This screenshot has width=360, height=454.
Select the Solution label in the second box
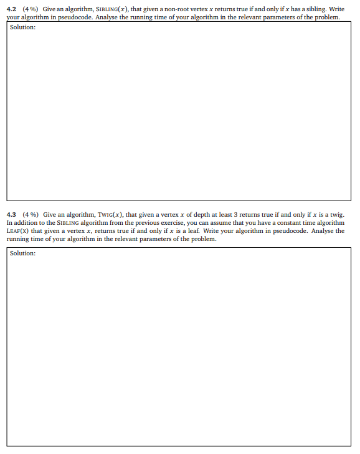22,253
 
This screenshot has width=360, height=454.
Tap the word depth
195,214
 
